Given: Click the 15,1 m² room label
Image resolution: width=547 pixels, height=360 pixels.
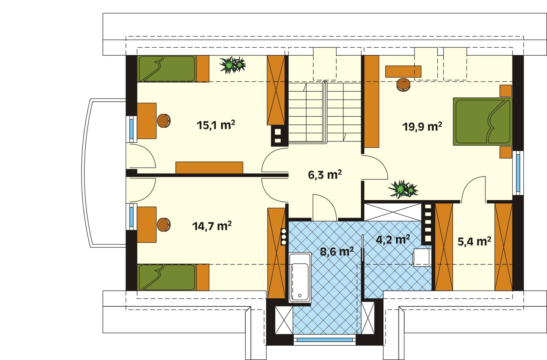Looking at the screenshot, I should coord(216,125).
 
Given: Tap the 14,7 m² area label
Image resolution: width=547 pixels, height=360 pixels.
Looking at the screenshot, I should coord(212,226).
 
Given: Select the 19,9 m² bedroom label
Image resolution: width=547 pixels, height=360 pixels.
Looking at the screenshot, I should coord(422,127).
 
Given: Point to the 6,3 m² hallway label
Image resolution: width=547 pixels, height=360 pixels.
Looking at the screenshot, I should coord(325,175).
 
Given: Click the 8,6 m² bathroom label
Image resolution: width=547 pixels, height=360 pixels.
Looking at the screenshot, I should coord(336,251).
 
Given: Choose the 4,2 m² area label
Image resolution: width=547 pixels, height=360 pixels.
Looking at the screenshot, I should coord(393,239).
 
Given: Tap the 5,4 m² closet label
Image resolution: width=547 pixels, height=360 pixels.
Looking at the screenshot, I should coord(474,242).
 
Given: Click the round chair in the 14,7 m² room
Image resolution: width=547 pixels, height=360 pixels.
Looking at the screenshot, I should coord(164,224).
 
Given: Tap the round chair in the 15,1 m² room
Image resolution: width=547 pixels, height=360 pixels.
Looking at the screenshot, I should coord(164,121).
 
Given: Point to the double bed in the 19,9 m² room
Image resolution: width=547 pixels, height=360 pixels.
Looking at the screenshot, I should coord(482,121).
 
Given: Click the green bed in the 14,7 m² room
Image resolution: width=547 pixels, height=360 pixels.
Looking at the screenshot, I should coord(167,277).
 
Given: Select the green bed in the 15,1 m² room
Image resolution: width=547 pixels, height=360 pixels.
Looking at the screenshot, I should coord(167,68).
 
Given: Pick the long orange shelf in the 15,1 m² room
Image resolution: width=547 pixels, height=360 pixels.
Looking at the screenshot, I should coord(209,168).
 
